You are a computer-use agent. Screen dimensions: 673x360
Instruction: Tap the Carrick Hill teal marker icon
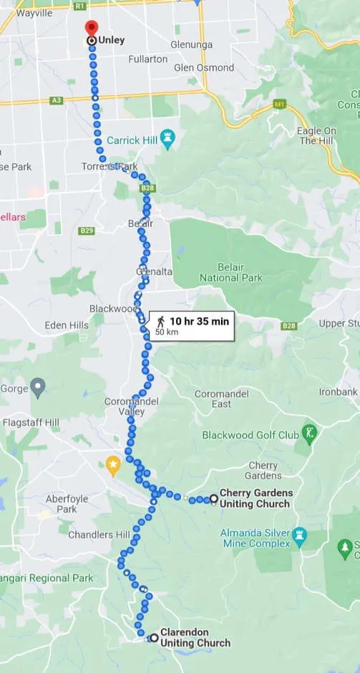[x=167, y=140]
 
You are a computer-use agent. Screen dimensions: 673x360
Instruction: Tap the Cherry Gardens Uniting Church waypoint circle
[x=213, y=498]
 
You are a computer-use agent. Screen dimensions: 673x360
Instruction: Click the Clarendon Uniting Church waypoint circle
[x=154, y=637]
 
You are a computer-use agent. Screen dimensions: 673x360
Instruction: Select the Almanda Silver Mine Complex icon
[x=299, y=534]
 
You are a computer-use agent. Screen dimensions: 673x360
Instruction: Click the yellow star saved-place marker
[x=112, y=465]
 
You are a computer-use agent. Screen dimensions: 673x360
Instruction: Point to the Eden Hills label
[x=67, y=325]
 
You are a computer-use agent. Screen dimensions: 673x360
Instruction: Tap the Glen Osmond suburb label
[x=204, y=67]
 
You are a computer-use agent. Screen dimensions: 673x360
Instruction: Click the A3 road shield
[x=57, y=100]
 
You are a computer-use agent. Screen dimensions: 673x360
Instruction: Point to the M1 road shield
[x=278, y=105]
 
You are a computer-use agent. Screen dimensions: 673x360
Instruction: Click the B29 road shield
[x=87, y=231]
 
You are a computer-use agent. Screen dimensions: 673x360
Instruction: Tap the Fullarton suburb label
[x=148, y=59]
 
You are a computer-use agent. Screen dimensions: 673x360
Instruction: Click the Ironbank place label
[x=339, y=392]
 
